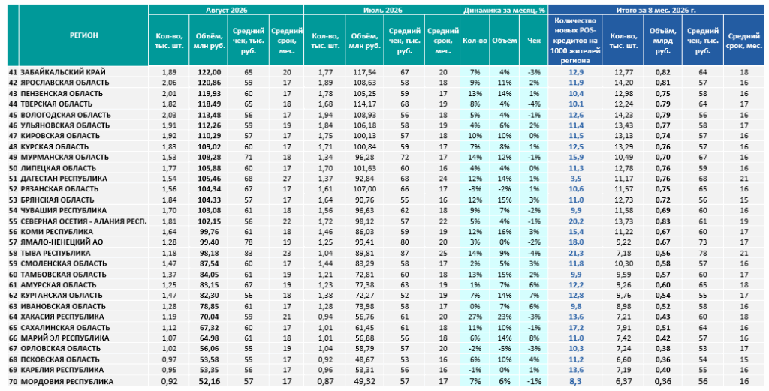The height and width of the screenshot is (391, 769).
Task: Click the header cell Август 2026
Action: pos(226,10)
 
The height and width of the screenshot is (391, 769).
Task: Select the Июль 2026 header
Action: pos(382,10)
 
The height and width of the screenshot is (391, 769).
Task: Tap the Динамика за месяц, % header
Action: pos(504,10)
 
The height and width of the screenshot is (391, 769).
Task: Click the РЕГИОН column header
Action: pos(83,35)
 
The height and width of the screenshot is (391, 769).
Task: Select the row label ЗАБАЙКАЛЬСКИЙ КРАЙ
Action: pos(63,72)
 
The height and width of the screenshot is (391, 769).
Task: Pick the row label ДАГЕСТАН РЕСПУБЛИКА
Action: pos(64,179)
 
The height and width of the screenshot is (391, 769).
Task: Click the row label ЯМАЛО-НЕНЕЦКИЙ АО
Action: pos(62,242)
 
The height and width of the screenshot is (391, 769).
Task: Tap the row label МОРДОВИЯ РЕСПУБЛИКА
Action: pos(67,382)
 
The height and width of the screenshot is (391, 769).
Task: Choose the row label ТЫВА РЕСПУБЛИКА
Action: pos(56,254)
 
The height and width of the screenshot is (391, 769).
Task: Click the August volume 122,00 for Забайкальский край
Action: pos(210,72)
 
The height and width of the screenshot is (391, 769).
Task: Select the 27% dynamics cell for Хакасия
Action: pos(475,317)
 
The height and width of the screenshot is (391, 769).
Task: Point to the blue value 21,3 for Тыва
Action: pos(576,254)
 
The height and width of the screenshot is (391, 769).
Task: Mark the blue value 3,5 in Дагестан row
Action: pos(576,179)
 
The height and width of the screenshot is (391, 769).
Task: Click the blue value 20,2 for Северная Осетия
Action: pos(576,221)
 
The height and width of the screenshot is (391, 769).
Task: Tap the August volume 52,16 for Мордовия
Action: pos(210,382)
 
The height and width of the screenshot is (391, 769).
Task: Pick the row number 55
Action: pos(13,221)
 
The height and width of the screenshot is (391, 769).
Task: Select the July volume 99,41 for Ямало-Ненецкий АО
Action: pos(364,242)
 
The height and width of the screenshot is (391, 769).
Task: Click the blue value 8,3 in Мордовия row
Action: pos(576,382)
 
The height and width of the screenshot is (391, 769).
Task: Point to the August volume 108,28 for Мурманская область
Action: pos(210,158)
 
